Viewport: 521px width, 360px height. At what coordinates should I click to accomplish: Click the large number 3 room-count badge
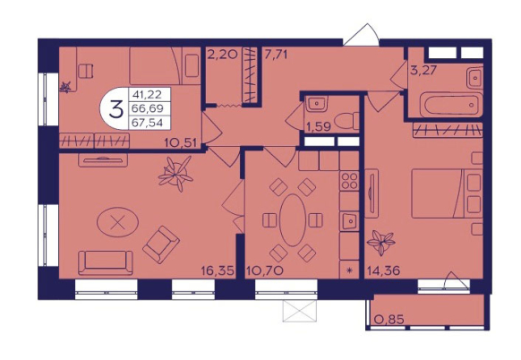pos(116,109)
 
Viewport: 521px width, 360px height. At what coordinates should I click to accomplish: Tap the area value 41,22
pos(147,95)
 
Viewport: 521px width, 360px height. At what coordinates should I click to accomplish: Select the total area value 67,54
pos(147,123)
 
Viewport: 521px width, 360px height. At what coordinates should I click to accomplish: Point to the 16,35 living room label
pos(218,271)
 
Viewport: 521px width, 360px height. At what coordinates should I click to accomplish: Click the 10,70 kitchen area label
pos(264,271)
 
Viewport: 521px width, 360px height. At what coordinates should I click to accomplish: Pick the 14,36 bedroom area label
pos(383,270)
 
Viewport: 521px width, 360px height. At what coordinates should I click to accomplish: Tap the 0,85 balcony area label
pos(389,320)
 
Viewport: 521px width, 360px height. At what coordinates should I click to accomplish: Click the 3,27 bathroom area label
pos(423,70)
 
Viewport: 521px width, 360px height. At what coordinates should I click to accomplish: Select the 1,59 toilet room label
pos(318,126)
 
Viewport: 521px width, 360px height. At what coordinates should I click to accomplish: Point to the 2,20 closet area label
pos(222,55)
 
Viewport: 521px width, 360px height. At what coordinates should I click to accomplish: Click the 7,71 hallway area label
pos(275,55)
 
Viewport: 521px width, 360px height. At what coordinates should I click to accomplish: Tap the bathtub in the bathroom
pos(448,105)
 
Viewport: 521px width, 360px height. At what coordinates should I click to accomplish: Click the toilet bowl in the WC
pos(346,121)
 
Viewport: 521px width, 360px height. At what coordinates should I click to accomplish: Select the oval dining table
pos(293,220)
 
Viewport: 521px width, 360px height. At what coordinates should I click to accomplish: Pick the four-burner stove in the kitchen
pos(349,181)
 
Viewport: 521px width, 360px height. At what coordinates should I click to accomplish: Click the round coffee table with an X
pos(117,222)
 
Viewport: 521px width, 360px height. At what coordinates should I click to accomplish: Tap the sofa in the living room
pos(106,262)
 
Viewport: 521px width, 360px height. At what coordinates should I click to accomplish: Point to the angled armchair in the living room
pos(161,244)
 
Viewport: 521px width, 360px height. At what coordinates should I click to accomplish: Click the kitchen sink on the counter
pos(348,221)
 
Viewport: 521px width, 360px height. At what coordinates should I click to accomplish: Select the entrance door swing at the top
pos(362,34)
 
